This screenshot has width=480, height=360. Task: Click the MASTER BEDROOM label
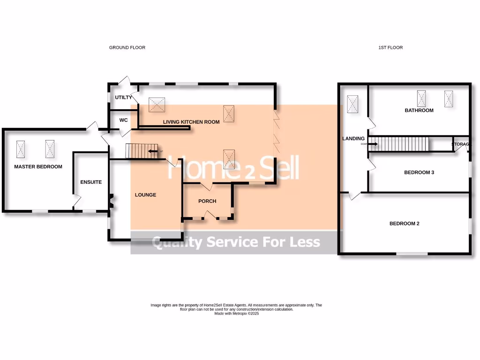click(x=38, y=166)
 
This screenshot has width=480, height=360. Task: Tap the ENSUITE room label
click(x=91, y=182)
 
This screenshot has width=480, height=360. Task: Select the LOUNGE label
click(x=145, y=195)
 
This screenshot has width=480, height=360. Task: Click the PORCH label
click(x=207, y=201)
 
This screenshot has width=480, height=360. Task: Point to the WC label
click(x=123, y=120)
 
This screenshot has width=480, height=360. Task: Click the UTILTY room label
click(x=124, y=97)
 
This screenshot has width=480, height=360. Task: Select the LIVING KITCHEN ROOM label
click(x=191, y=122)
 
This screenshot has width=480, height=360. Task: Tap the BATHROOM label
click(x=419, y=111)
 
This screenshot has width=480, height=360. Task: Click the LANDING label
click(x=353, y=139)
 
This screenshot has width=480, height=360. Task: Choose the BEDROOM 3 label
click(x=419, y=172)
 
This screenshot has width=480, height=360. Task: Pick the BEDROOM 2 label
click(x=404, y=224)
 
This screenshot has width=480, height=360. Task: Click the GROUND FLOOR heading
click(x=127, y=47)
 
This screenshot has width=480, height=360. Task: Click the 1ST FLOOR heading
click(x=390, y=47)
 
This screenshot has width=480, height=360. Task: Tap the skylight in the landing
click(x=352, y=104)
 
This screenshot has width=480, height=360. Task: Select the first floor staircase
click(x=404, y=144)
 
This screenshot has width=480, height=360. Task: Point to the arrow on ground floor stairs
click(x=153, y=151)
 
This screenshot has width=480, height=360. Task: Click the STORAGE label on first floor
click(x=460, y=144)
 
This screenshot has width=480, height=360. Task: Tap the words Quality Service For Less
click(x=236, y=242)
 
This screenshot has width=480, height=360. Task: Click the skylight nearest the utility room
click(x=157, y=105)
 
